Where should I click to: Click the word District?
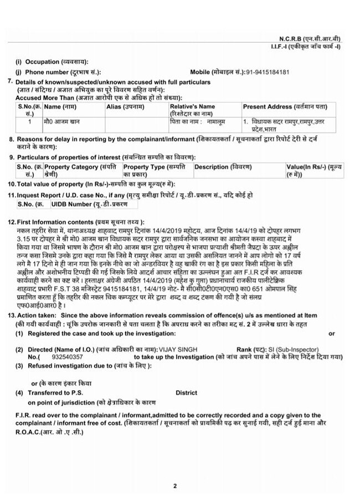point(186,392)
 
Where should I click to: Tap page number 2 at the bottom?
point(174,485)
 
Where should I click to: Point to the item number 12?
point(11,221)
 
